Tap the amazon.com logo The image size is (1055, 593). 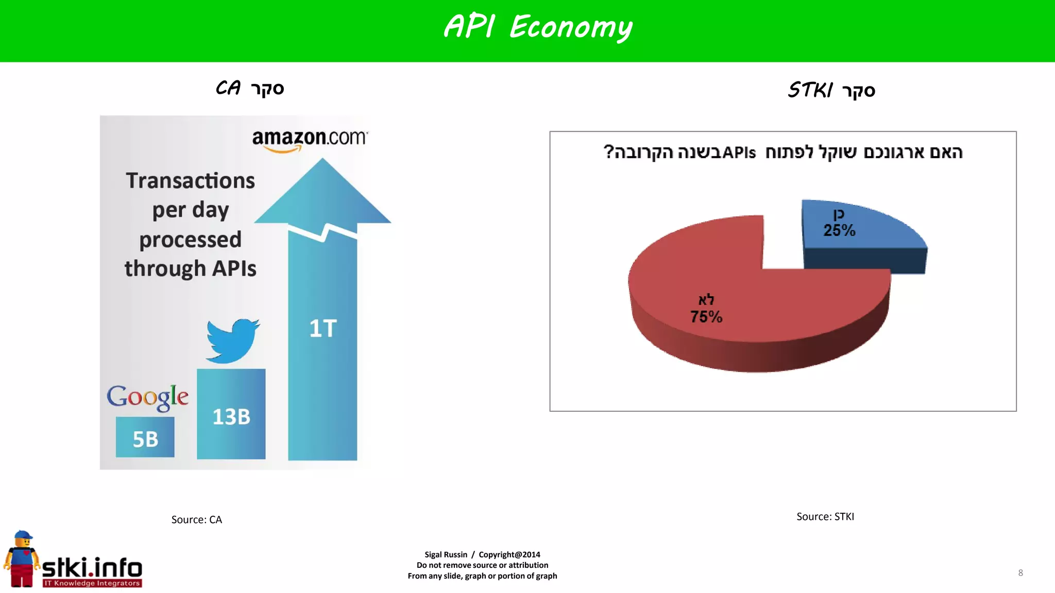tap(310, 139)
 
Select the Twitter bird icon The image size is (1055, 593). tap(233, 340)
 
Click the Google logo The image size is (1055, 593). tap(147, 397)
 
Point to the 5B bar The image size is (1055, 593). tap(145, 438)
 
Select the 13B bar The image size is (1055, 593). tap(231, 415)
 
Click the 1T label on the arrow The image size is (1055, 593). tap(323, 328)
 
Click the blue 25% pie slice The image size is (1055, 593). tap(860, 226)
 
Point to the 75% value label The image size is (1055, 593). tap(706, 317)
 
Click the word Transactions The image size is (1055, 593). tap(190, 181)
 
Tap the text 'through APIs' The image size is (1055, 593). tap(190, 269)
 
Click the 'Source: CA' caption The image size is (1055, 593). tap(196, 519)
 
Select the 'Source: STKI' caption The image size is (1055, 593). tap(825, 516)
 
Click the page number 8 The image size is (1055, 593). tap(1020, 572)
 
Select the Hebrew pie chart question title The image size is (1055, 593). tap(782, 152)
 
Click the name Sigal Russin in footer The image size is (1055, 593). tap(446, 554)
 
